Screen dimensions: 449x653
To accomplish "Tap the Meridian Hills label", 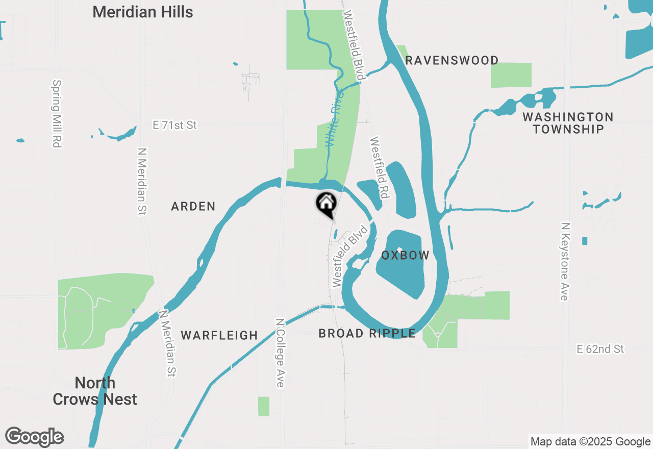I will [143, 12].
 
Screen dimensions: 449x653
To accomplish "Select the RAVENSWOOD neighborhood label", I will [451, 61].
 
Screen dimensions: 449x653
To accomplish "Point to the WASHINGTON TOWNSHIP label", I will [568, 123].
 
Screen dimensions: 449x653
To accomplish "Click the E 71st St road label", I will [174, 125].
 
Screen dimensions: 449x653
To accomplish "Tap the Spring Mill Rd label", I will [57, 113].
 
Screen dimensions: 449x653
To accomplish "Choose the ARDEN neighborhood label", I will [193, 207].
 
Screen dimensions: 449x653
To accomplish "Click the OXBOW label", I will [405, 256].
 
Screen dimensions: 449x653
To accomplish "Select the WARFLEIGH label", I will [219, 335].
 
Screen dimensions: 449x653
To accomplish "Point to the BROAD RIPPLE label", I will [367, 334].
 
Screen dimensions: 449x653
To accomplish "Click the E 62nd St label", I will [600, 349].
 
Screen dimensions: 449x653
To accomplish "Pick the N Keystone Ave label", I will [565, 261].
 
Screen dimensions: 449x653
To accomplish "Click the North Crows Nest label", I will [95, 391].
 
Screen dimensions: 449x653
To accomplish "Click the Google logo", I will [35, 437].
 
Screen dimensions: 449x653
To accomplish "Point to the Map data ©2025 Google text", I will [590, 442].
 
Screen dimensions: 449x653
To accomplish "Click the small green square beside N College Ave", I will [264, 406].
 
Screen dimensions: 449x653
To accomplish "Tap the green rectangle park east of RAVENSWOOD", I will [511, 75].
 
